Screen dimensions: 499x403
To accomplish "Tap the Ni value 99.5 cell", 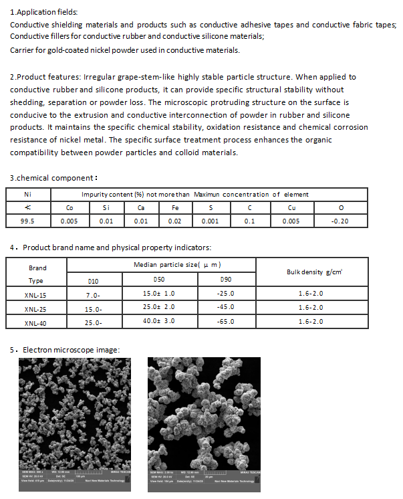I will pos(27,221).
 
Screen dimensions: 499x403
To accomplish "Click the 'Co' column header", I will pos(69,207).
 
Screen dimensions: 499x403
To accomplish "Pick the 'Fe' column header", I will pos(175,207).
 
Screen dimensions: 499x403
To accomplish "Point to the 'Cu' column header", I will pos(291,207).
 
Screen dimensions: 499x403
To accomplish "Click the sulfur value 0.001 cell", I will pos(211,221).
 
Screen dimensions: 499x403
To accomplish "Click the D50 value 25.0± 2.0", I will pos(159,307).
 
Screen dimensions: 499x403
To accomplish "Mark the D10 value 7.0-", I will pos(93,294).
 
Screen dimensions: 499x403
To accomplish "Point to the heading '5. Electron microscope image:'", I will pos(65,350).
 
